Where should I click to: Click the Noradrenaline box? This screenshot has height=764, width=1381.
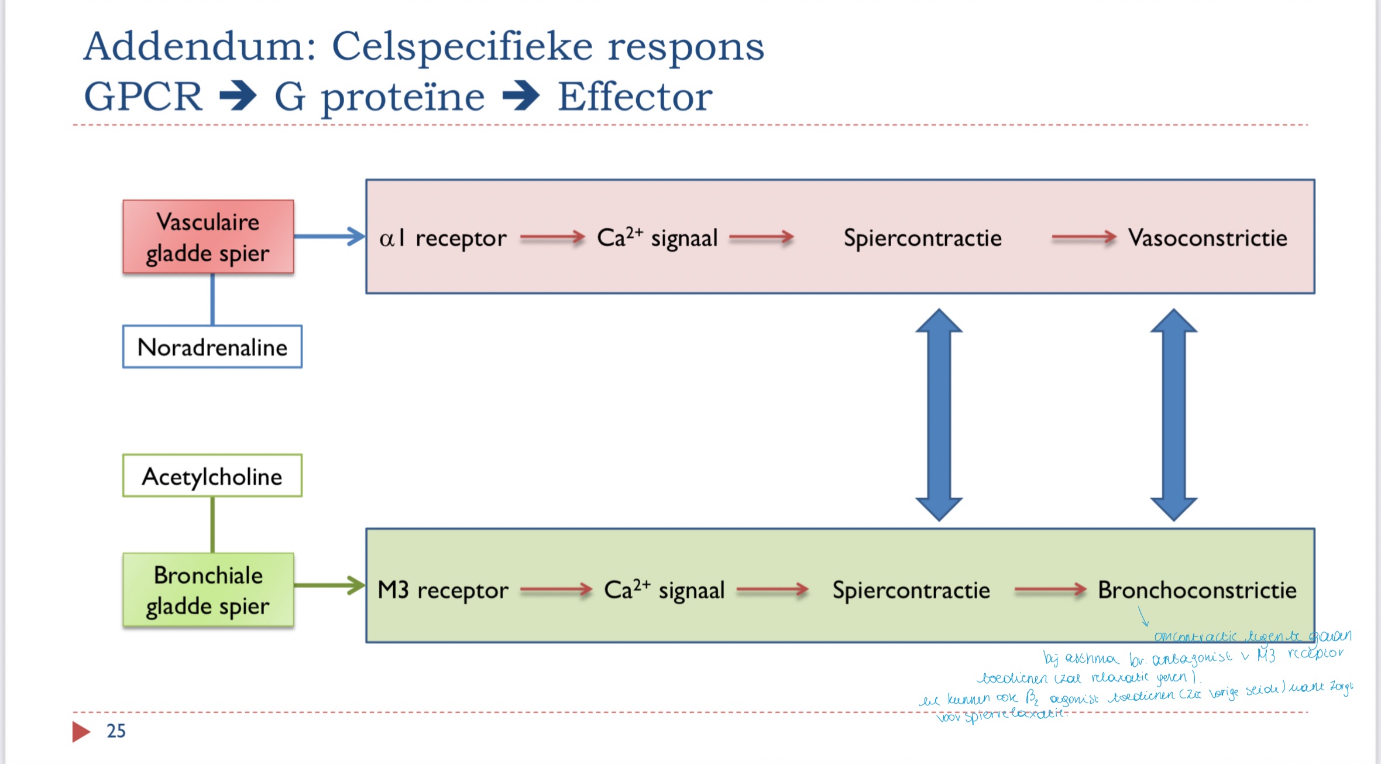click(x=212, y=347)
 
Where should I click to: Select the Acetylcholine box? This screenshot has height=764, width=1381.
click(x=212, y=476)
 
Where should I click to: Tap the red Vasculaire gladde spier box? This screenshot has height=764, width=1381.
click(x=208, y=237)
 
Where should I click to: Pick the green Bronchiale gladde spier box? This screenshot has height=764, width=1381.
click(x=208, y=590)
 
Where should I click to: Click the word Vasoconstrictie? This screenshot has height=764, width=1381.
click(x=1207, y=238)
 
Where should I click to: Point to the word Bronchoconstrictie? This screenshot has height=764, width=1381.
click(x=1197, y=590)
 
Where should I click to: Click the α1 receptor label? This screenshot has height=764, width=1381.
click(x=442, y=238)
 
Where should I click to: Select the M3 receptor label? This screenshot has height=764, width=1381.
click(x=443, y=590)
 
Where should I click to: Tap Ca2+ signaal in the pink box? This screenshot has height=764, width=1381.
click(x=657, y=238)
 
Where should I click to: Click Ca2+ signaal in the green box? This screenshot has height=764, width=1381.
click(x=664, y=590)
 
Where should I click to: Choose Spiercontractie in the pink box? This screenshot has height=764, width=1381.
click(x=922, y=238)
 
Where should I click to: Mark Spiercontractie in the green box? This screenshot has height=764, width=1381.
click(x=911, y=590)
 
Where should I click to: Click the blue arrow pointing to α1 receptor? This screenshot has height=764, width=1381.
click(x=329, y=237)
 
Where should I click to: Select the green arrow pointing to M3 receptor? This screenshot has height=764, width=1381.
click(x=329, y=585)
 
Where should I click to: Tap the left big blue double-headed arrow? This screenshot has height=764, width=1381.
click(x=939, y=414)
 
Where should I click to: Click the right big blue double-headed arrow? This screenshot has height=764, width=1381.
click(x=1173, y=414)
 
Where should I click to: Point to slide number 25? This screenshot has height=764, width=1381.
click(x=116, y=731)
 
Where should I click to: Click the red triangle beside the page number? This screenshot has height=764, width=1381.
click(x=81, y=731)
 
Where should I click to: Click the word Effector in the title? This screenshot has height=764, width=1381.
click(x=635, y=97)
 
